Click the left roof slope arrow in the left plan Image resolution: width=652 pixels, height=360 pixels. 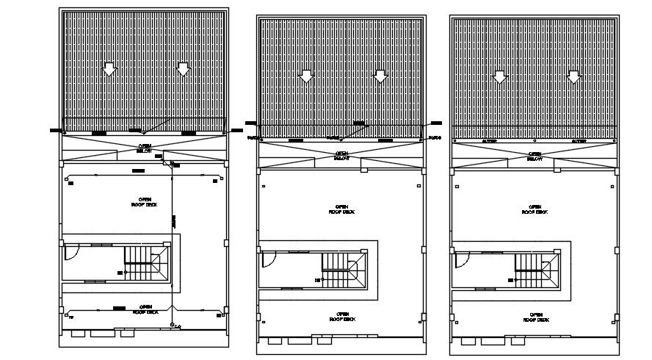click(109, 70)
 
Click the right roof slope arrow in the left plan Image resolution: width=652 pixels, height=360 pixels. click(183, 70)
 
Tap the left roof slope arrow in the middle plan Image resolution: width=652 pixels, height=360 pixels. click(307, 75)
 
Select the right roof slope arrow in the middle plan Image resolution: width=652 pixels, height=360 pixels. click(380, 75)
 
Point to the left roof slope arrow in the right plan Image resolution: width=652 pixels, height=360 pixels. click(500, 76)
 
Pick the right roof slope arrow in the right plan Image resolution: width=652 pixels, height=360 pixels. click(573, 76)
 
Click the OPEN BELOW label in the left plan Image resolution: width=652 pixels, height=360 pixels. click(145, 148)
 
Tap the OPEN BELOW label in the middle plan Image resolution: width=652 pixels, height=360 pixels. click(341, 156)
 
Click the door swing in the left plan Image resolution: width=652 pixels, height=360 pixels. click(70, 251)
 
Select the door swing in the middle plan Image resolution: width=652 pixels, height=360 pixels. click(268, 259)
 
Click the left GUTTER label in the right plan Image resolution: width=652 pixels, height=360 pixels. click(490, 140)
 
